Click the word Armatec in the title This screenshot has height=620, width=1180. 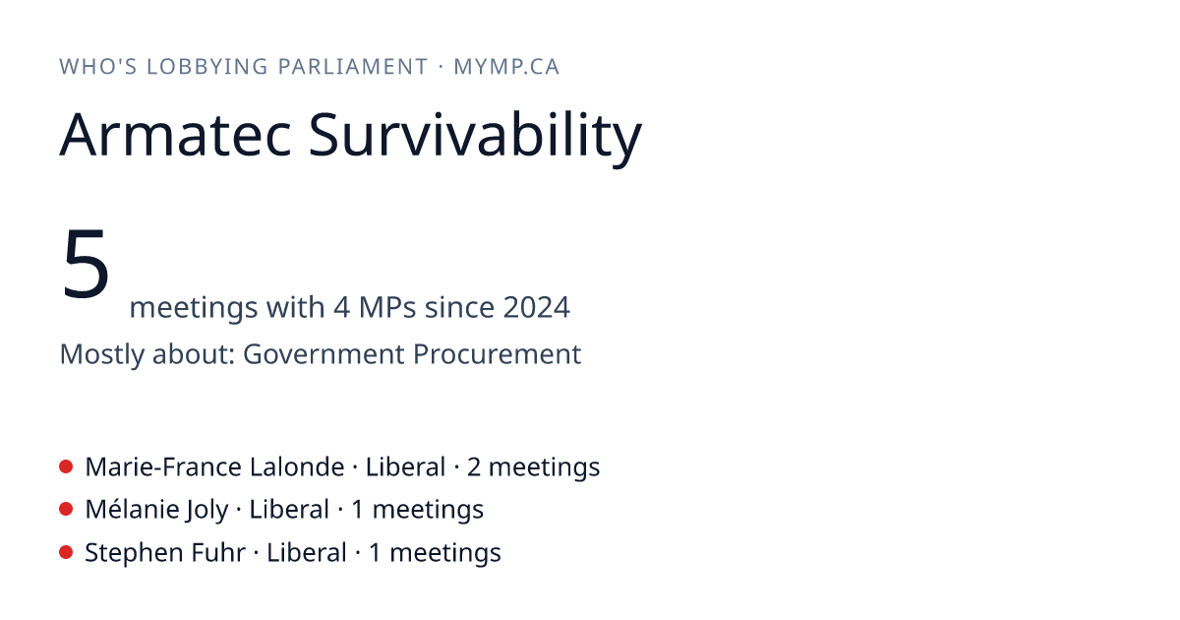(x=175, y=135)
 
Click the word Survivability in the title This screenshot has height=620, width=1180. (x=475, y=138)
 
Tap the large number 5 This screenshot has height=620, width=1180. (x=86, y=263)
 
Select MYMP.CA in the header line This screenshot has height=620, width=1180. (x=506, y=67)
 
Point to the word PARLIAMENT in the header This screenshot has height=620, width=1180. (x=353, y=67)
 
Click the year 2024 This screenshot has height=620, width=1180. (x=536, y=307)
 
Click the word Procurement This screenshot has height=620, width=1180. (x=497, y=353)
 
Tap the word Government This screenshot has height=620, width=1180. (x=324, y=353)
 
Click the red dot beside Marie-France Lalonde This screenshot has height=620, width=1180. (x=66, y=466)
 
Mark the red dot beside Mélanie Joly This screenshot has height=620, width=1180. (x=66, y=510)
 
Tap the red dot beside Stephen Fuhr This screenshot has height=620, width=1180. (x=66, y=552)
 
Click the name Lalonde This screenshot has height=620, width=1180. (x=297, y=467)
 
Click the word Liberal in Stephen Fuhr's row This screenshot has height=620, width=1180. (x=307, y=553)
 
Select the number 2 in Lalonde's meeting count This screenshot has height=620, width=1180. (x=474, y=467)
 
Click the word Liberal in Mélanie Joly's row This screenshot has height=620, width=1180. (x=289, y=510)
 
